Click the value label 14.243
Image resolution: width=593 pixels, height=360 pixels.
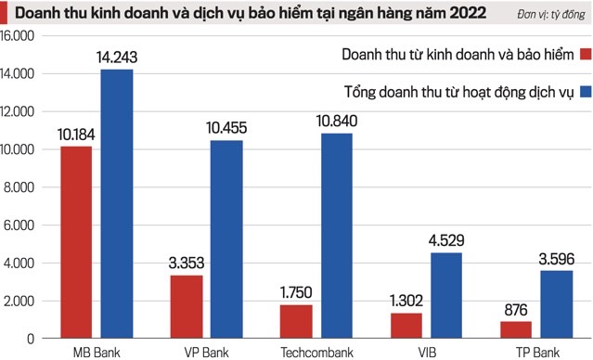click(117, 58)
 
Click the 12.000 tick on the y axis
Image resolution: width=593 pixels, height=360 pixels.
click(18, 111)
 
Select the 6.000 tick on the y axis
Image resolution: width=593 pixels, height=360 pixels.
click(20, 225)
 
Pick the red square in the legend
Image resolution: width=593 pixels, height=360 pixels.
click(585, 54)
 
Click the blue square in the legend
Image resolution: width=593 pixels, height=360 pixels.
click(585, 92)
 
